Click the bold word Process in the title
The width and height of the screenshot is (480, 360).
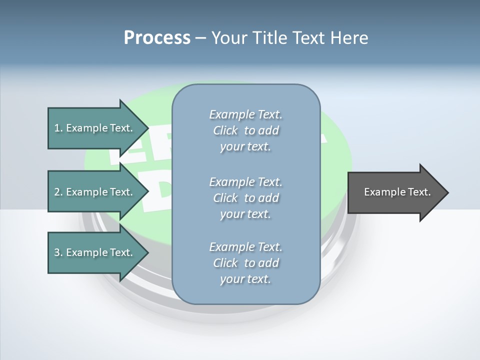[157, 38]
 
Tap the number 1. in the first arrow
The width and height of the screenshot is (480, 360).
[58, 128]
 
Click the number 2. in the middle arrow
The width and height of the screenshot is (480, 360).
[58, 192]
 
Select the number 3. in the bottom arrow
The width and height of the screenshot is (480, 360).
[58, 252]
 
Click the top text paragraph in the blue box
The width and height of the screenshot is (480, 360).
[245, 130]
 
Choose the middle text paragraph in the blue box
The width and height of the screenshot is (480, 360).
[245, 198]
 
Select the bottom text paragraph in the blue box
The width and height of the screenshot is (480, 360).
[245, 263]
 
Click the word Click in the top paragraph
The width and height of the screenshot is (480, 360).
[225, 130]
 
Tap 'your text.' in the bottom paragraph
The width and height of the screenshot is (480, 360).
[245, 279]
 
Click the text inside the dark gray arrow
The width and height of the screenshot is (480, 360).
[397, 192]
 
